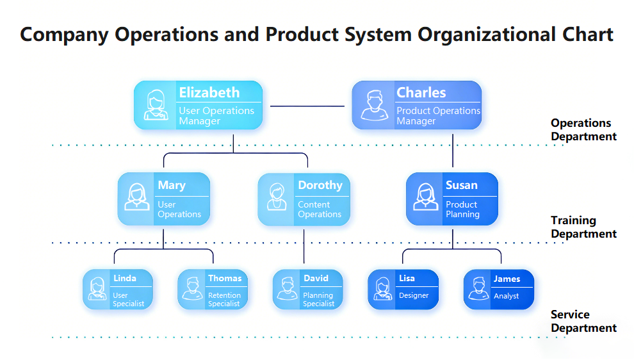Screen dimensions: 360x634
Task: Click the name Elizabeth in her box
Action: point(209,92)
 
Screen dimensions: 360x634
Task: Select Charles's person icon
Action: point(374,106)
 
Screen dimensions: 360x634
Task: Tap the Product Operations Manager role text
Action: point(438,116)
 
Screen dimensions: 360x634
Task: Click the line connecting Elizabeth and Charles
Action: point(307,106)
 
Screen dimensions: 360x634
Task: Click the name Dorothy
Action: point(320,185)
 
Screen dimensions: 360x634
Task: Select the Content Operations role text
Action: point(319,209)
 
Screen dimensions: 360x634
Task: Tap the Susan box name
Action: point(461,185)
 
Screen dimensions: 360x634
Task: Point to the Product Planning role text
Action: point(462,209)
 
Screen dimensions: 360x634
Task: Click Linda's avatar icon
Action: point(97,289)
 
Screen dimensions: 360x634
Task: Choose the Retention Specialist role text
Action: point(224,300)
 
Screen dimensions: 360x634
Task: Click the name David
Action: point(316,279)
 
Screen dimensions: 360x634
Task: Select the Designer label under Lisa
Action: point(413,295)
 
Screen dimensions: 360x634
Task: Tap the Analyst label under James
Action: point(506,296)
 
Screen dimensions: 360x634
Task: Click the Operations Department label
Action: point(583,129)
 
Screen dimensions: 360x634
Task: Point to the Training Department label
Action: point(583,227)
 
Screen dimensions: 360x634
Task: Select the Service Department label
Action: point(583,321)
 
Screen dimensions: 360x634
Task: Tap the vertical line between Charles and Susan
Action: point(453,151)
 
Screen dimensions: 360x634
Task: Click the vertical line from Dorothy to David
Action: point(304,247)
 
